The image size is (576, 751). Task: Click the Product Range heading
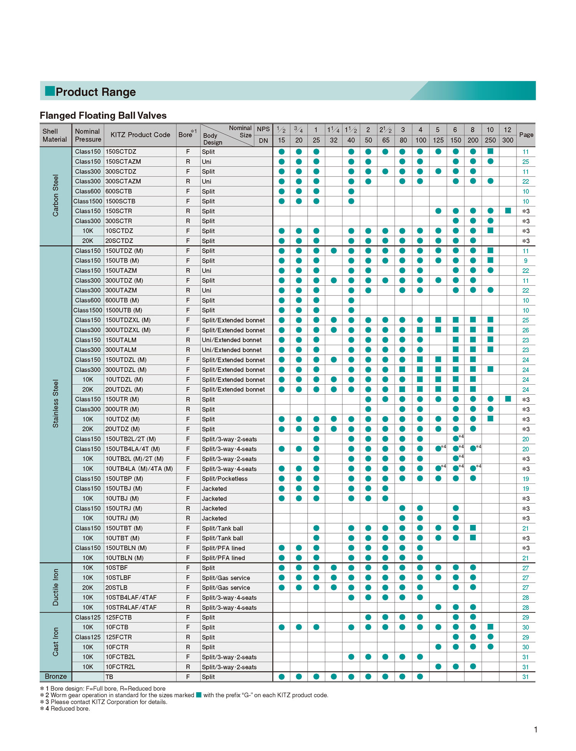(96, 92)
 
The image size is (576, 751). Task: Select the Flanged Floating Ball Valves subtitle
(103, 115)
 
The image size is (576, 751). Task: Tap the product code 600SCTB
(119, 191)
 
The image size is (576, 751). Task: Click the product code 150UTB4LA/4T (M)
(133, 449)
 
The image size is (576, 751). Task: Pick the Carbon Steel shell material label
(56, 196)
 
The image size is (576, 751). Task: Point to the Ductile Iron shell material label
(56, 587)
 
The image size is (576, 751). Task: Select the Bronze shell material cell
(56, 676)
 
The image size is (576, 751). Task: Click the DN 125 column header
(438, 140)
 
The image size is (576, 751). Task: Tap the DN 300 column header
(508, 140)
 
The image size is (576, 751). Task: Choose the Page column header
(526, 135)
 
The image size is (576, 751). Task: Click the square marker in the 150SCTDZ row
(490, 151)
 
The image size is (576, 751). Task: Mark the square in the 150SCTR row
(508, 211)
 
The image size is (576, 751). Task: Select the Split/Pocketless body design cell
(225, 479)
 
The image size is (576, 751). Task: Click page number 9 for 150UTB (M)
(526, 261)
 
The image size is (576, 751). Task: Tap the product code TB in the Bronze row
(109, 677)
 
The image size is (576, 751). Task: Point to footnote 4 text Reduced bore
(70, 708)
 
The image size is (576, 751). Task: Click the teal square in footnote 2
(199, 695)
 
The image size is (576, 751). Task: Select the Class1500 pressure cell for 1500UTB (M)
(88, 310)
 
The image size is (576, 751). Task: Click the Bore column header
(187, 135)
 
